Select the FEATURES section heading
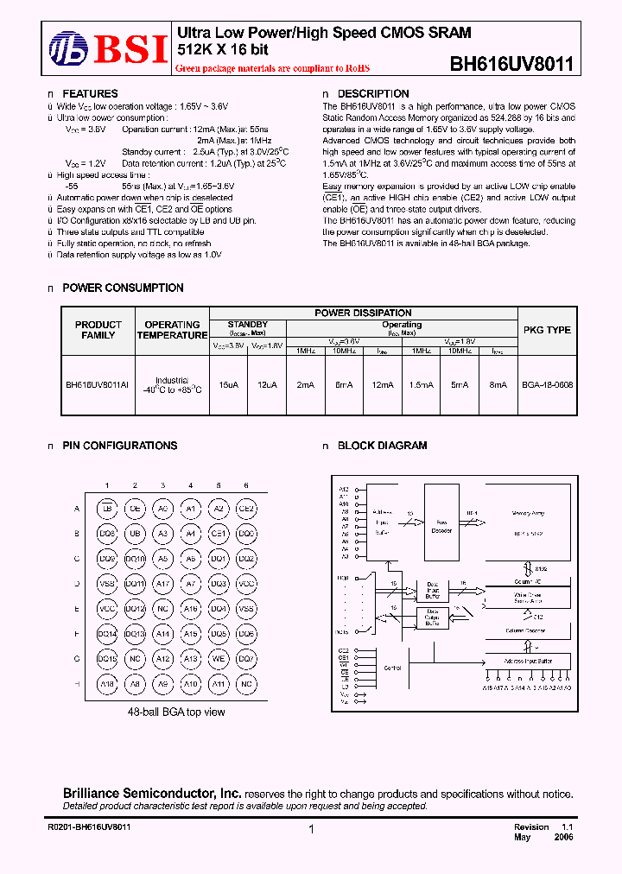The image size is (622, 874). point(90,94)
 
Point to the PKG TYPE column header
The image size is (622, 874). point(547,330)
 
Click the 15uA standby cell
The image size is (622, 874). point(229,385)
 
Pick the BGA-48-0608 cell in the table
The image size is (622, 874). point(548,385)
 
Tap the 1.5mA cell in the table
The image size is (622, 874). point(421,385)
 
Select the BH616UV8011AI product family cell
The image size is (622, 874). point(98,385)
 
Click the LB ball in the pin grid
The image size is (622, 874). point(107,509)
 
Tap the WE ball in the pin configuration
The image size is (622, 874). point(219,659)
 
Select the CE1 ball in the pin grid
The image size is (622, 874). point(219,534)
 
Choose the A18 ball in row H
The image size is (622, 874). point(107,684)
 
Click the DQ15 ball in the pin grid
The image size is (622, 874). point(107,659)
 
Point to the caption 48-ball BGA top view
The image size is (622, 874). point(176,712)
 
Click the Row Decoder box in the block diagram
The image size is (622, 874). point(441,522)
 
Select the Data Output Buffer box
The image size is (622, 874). point(432,617)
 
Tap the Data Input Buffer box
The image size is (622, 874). point(432,591)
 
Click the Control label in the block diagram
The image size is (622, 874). point(392,668)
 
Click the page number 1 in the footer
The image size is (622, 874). point(310,829)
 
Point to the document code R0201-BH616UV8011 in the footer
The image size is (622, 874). point(89,826)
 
